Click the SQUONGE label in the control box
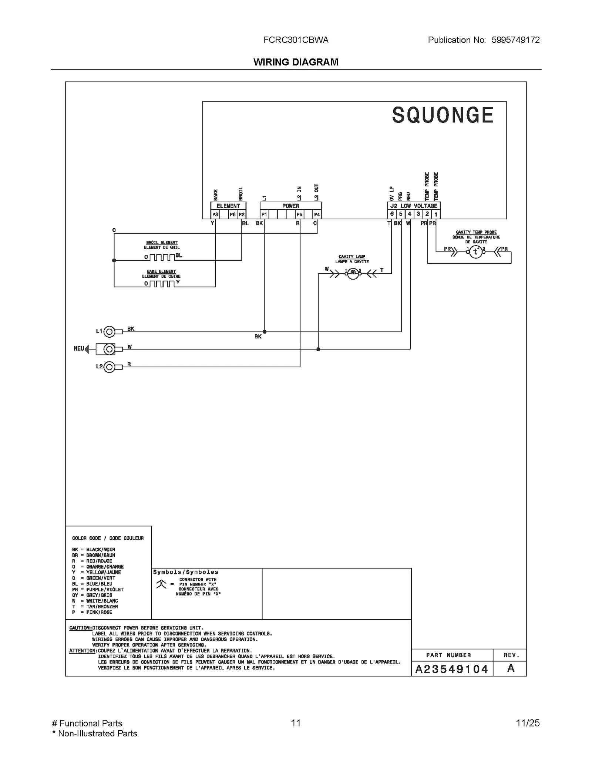click(443, 115)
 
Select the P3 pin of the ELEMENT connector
click(215, 214)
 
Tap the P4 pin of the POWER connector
click(317, 214)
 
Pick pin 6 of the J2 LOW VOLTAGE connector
click(392, 214)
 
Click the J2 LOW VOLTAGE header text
click(414, 206)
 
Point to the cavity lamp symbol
click(353, 273)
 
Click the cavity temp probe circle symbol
click(476, 252)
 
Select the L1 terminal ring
click(109, 332)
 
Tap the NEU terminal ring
click(109, 349)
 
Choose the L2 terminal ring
click(109, 367)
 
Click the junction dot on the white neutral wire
click(318, 349)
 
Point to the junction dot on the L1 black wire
click(265, 332)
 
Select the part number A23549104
click(452, 669)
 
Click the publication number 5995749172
click(515, 40)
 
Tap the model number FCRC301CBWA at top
click(296, 40)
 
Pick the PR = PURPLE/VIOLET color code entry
click(98, 590)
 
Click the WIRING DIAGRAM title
click(296, 62)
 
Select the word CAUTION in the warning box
click(80, 628)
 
